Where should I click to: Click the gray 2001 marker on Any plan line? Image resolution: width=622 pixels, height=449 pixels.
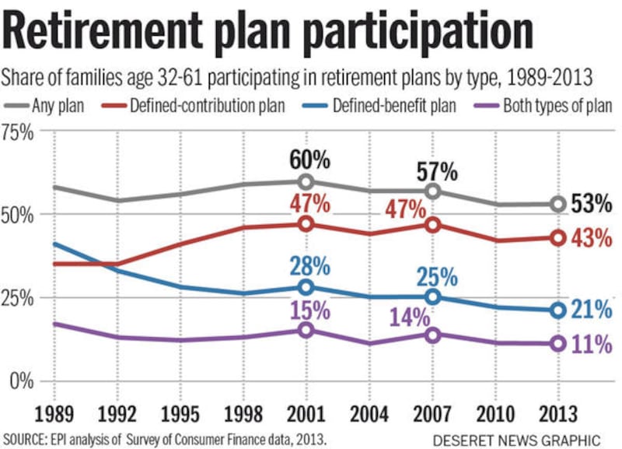click(x=306, y=182)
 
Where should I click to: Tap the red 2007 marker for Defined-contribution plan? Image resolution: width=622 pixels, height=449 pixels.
click(x=432, y=225)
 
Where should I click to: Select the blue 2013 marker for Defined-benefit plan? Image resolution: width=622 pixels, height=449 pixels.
click(x=557, y=310)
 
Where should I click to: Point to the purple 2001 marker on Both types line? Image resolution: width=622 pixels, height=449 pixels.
click(x=306, y=330)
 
